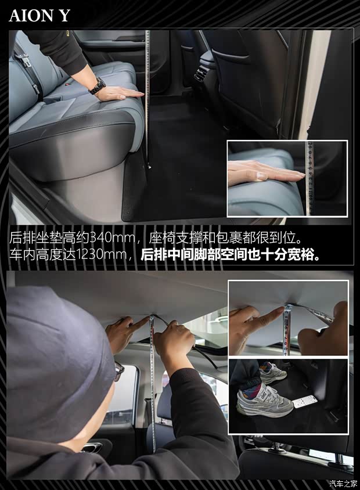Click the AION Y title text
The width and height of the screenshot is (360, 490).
(39, 16)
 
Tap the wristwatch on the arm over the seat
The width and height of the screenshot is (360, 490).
(97, 87)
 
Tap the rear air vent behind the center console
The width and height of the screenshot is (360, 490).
(200, 75)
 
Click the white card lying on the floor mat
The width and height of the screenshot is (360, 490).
(305, 401)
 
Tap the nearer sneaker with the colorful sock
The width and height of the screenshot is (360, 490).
(264, 401)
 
